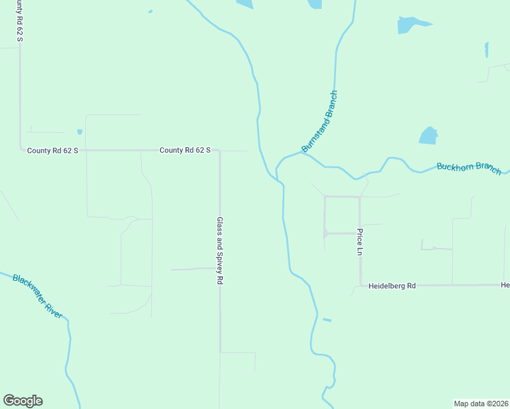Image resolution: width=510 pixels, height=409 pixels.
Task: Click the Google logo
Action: [x=22, y=401]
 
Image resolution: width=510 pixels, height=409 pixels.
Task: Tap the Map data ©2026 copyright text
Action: [x=481, y=403]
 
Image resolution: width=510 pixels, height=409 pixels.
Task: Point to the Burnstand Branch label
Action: [x=320, y=121]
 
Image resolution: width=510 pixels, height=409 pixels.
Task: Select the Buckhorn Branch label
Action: [x=469, y=168]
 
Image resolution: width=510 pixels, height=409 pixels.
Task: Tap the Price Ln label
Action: [x=359, y=242]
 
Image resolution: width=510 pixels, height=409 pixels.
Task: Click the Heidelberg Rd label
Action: [x=393, y=286]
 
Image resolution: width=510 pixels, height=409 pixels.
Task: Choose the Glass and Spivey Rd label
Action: [x=220, y=251]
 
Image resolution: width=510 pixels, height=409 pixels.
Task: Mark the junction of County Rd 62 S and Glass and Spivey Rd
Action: [x=219, y=151]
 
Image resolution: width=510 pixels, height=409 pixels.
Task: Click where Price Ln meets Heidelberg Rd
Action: [x=360, y=286]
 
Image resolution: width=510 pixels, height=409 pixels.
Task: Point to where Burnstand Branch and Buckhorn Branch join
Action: [x=305, y=154]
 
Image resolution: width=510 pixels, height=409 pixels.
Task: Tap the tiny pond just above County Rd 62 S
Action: [x=80, y=132]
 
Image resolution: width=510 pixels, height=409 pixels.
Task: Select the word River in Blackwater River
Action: [x=53, y=309]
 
